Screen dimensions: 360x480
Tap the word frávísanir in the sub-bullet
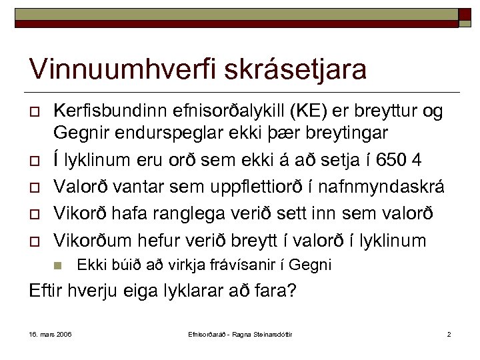pos(244,265)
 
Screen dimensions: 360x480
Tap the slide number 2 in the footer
pos(449,333)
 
